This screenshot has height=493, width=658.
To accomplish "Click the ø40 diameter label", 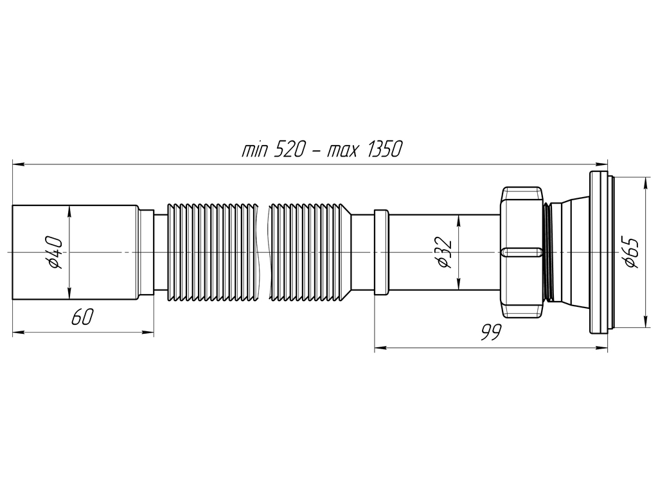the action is [55, 252].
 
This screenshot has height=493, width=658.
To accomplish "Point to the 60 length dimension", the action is [82, 316].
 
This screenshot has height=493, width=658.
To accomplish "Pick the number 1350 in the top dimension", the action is [385, 149].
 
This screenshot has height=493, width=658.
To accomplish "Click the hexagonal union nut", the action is [522, 252].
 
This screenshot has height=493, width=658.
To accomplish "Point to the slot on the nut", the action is [521, 252].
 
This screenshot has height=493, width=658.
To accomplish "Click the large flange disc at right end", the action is [599, 252].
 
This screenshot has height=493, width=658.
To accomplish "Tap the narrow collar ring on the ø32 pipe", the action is [382, 252].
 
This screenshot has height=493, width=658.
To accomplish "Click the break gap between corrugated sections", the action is [263, 252].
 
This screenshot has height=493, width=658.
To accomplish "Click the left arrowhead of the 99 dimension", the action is [380, 347].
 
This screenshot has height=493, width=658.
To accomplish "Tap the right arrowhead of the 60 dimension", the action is [148, 333].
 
